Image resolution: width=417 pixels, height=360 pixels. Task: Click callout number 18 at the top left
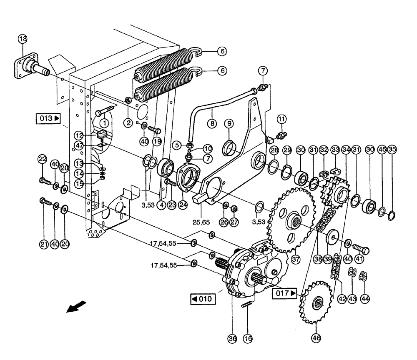pos(22,39)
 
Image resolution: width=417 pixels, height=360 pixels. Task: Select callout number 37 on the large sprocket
pos(296,260)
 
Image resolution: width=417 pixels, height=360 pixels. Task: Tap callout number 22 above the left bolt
pos(42,158)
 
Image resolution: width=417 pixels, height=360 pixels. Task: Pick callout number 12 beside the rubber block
pos(79,135)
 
